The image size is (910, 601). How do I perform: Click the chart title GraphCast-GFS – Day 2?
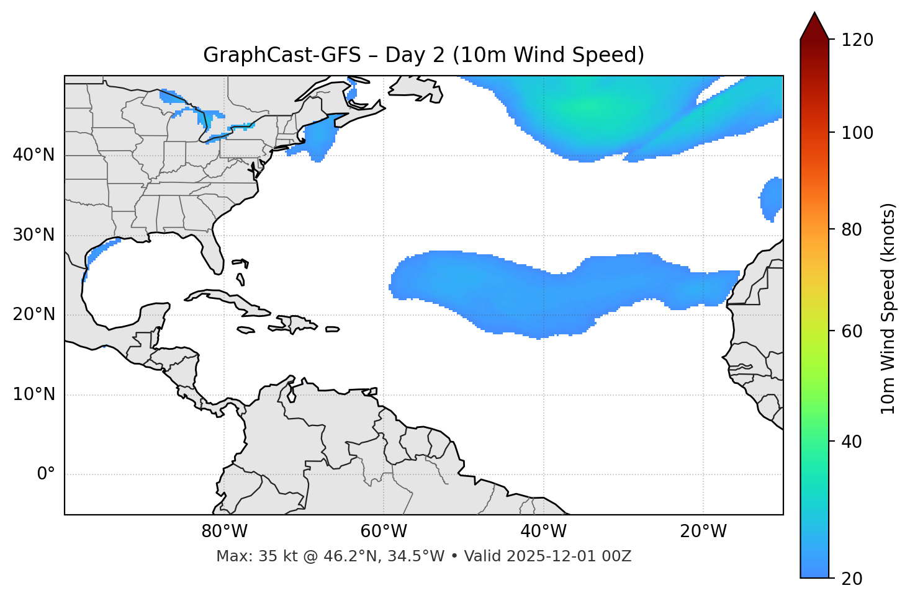tap(423, 55)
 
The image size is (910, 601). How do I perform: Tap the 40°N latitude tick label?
tap(34, 155)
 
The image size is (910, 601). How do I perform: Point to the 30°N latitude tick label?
tap(34, 235)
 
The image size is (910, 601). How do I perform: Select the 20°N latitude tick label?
tap(34, 314)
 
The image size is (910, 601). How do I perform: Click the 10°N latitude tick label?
tap(34, 394)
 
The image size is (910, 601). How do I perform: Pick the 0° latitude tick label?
tap(45, 474)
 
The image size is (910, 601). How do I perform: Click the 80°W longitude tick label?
tap(224, 532)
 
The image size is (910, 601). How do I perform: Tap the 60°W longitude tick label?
tap(384, 532)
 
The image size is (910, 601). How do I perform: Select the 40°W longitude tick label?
tap(543, 532)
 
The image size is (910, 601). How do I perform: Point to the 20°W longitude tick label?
tap(703, 532)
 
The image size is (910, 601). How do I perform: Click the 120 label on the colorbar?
tap(857, 40)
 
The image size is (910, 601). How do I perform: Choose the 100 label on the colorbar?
tap(857, 133)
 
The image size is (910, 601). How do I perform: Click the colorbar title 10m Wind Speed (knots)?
tap(888, 308)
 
